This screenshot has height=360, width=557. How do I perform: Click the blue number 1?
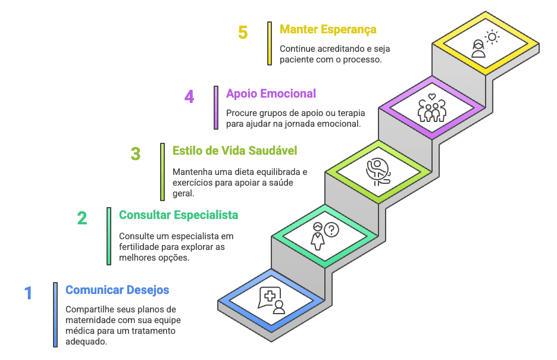pos(29,293)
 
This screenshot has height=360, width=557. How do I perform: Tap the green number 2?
pos(82,218)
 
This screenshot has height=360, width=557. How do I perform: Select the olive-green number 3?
pos(136,154)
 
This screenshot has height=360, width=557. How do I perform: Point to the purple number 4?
pos(189,96)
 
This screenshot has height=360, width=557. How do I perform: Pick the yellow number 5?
pos(243,32)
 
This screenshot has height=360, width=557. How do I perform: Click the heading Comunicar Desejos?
pos(117,290)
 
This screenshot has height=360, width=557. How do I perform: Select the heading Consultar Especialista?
pos(179,215)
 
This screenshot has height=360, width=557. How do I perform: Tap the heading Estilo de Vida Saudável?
pos(235,151)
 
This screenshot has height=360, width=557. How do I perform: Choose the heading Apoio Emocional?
pos(271,93)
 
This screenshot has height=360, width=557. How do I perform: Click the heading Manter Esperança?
pos(328,30)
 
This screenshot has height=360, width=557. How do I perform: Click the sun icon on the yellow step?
pos(492,37)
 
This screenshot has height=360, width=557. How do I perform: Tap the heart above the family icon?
pos(431,96)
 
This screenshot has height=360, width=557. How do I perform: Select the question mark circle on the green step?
pos(331,230)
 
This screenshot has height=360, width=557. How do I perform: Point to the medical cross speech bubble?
pos(270,297)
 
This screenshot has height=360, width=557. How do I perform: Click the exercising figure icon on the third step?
pos(378,172)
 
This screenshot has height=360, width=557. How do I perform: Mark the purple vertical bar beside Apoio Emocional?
pos(216,108)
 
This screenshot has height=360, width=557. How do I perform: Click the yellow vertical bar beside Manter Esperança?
pos(270,43)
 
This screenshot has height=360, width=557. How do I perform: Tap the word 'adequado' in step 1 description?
pos(86,342)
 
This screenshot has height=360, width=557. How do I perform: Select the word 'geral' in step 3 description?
pos(183,193)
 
